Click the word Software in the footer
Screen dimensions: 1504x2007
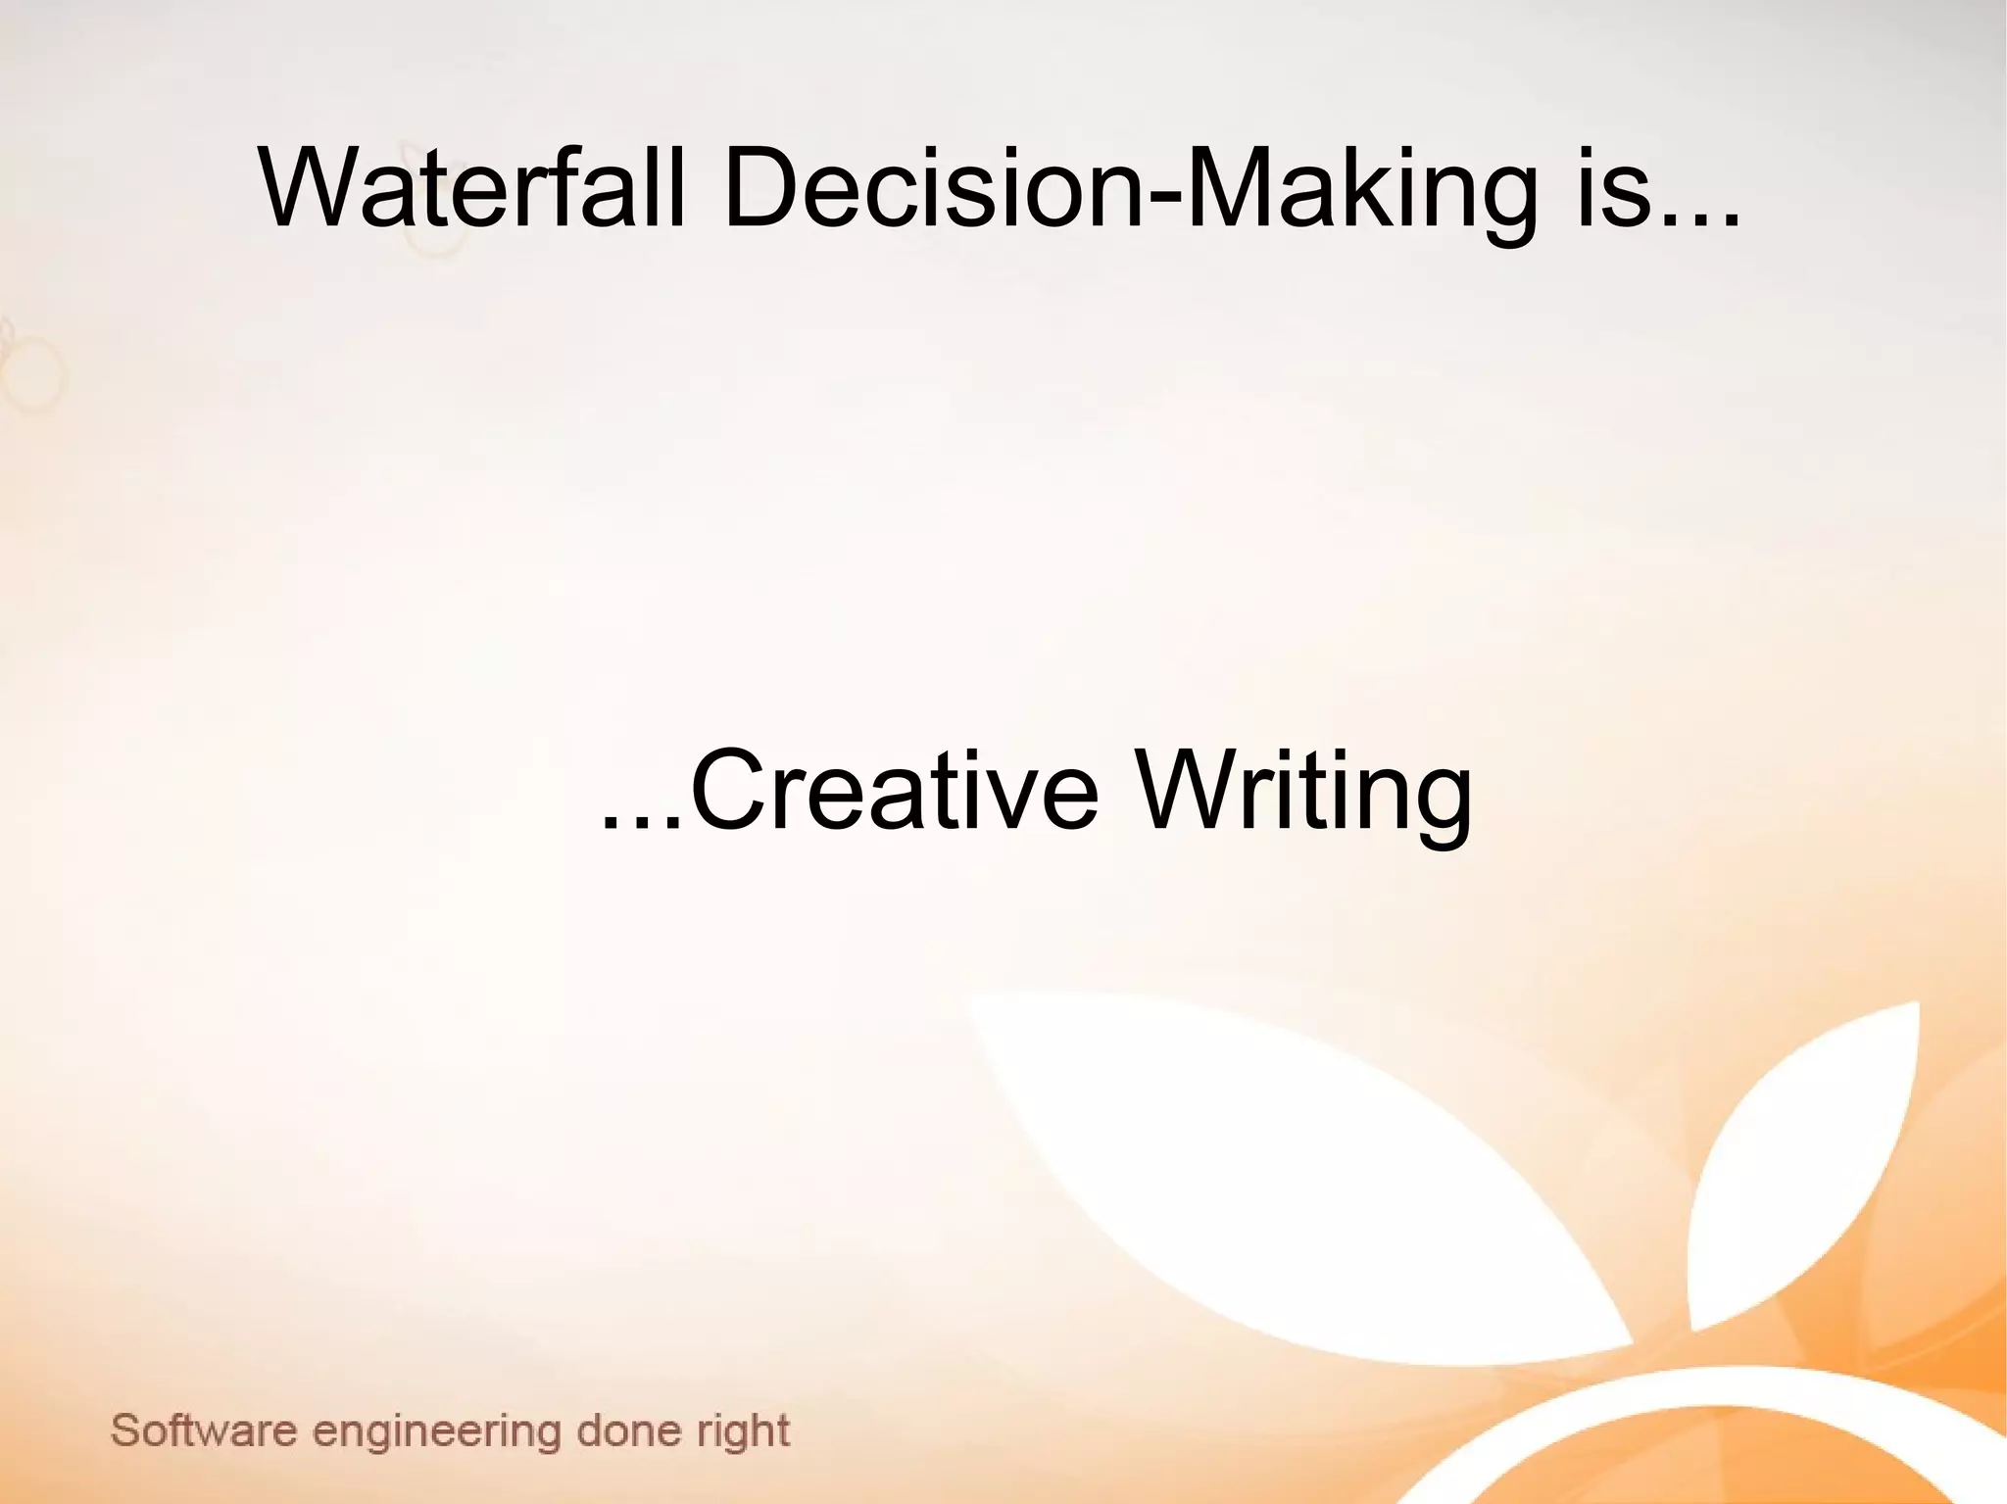203,1431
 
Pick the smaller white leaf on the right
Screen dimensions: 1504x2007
1813,1156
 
